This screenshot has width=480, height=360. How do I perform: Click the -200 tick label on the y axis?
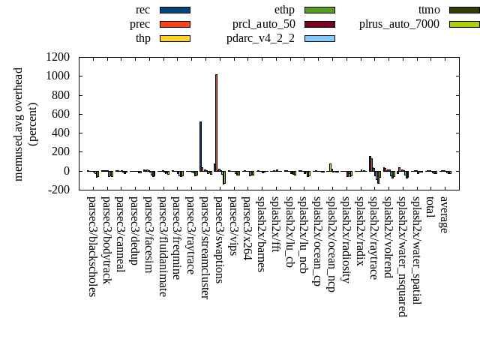point(59,190)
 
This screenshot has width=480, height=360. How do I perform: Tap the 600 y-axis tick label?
point(62,114)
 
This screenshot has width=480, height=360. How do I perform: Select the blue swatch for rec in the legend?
point(175,10)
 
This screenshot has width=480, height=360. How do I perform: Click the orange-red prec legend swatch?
point(175,24)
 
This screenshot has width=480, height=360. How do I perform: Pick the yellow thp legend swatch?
point(175,38)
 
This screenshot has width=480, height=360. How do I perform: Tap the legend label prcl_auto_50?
point(263,24)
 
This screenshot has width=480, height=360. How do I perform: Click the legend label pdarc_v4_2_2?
point(260,38)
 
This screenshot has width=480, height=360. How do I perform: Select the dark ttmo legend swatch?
point(464,10)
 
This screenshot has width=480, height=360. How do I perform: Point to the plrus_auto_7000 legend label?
point(399,24)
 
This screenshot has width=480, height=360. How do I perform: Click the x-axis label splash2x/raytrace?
point(373,238)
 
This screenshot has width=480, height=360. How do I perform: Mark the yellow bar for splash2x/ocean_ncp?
point(330,167)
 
